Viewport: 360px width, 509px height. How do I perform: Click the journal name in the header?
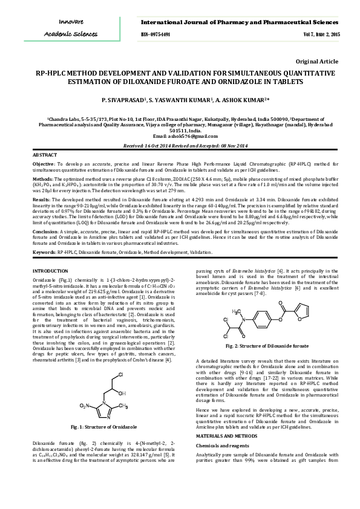click(x=240, y=22)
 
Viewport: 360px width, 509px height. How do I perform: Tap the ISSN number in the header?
click(x=155, y=34)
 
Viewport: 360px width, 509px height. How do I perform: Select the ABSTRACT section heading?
click(x=45, y=156)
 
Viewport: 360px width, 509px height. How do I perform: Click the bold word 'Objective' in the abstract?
click(x=43, y=164)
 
